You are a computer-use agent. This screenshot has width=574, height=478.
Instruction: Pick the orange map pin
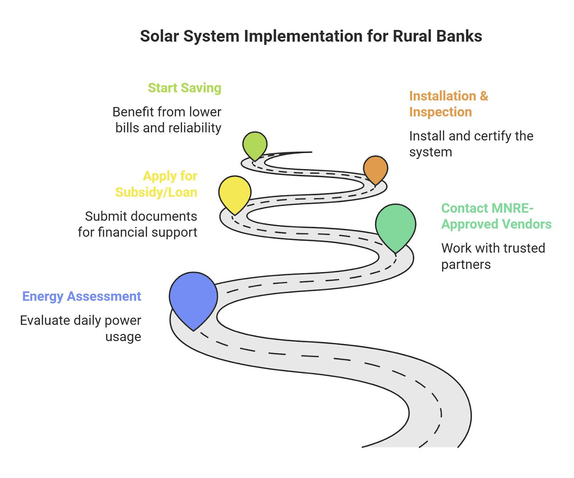376,169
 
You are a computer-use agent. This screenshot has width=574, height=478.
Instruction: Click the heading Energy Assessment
82,297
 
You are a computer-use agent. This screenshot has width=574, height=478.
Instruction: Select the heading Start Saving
185,88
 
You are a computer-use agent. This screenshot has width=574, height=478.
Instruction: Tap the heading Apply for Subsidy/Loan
156,184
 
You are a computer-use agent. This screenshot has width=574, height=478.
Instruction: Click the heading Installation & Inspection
449,104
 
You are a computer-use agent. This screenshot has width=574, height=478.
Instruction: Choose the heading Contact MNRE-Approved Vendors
497,216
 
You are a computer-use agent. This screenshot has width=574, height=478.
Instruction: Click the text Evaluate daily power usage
81,328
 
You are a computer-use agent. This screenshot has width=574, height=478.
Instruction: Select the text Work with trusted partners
493,256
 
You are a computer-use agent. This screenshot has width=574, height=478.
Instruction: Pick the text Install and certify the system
471,144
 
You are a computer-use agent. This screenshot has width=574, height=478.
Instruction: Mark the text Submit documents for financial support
138,224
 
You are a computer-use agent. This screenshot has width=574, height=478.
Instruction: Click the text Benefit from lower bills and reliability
167,120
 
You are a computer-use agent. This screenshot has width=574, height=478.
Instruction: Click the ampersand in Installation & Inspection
484,96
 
